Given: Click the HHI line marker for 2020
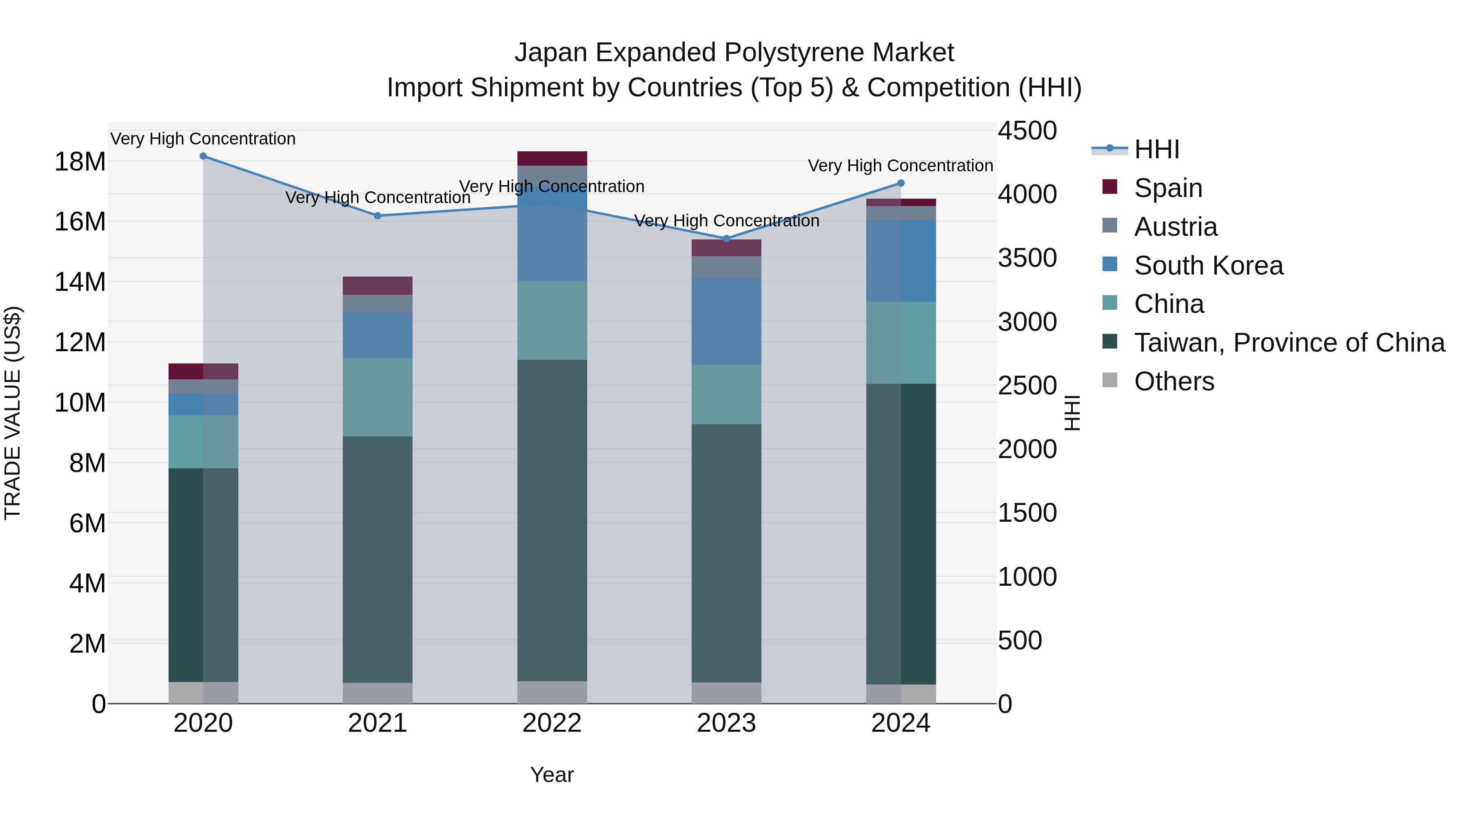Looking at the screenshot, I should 203,156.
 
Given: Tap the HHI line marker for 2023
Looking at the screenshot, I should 726,238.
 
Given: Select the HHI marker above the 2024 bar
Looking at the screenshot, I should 901,183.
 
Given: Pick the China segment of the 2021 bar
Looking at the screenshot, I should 377,397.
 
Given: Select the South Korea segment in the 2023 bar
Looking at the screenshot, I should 726,321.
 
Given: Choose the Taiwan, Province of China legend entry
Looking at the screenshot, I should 1289,343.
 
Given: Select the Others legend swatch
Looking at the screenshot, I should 1110,380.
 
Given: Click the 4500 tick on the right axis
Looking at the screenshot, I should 1027,131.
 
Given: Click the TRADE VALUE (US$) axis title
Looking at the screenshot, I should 13,413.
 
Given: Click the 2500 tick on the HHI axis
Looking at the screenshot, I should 1027,385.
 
